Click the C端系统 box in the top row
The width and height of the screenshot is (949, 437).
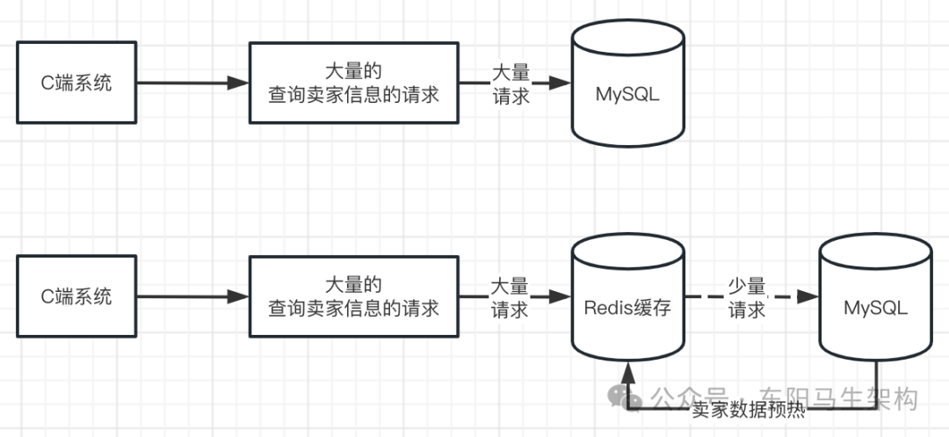tap(77, 84)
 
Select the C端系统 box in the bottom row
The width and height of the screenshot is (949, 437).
tap(77, 296)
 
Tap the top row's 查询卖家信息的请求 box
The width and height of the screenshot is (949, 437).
tap(354, 84)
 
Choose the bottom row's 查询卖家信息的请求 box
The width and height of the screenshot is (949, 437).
tap(354, 296)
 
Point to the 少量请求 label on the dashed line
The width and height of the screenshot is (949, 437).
tap(747, 298)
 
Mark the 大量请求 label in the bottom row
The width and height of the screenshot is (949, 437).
tap(509, 298)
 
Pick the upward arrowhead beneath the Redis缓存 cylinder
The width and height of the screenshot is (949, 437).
tap(627, 368)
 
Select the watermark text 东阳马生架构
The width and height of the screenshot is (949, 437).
tap(838, 397)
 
